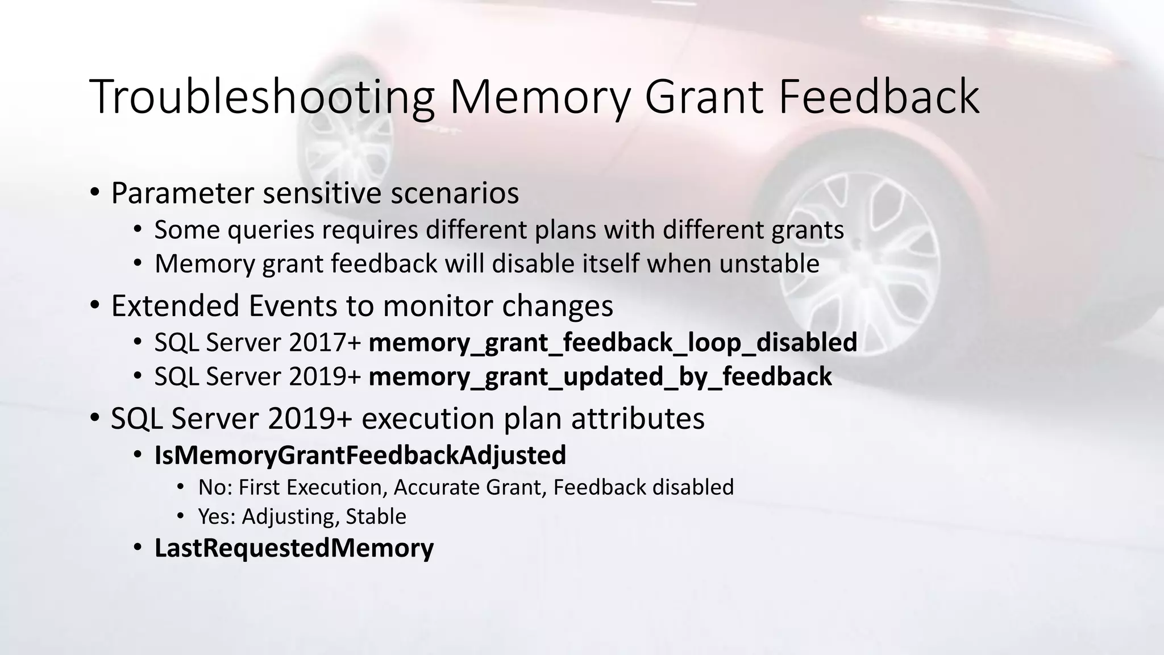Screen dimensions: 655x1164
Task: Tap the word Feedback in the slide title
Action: (x=879, y=97)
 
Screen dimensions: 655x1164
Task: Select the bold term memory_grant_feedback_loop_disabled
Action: (x=613, y=342)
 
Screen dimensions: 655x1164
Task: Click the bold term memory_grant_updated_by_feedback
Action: (x=600, y=376)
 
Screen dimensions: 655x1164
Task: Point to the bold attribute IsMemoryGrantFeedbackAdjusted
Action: (x=360, y=455)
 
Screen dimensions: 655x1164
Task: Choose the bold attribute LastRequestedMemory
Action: (x=294, y=548)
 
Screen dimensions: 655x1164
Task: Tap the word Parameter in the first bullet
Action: (x=182, y=193)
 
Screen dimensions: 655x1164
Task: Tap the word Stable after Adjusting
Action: (x=376, y=516)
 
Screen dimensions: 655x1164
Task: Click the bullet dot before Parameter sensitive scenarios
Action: (x=95, y=192)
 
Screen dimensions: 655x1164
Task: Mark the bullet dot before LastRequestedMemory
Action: (x=138, y=548)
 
